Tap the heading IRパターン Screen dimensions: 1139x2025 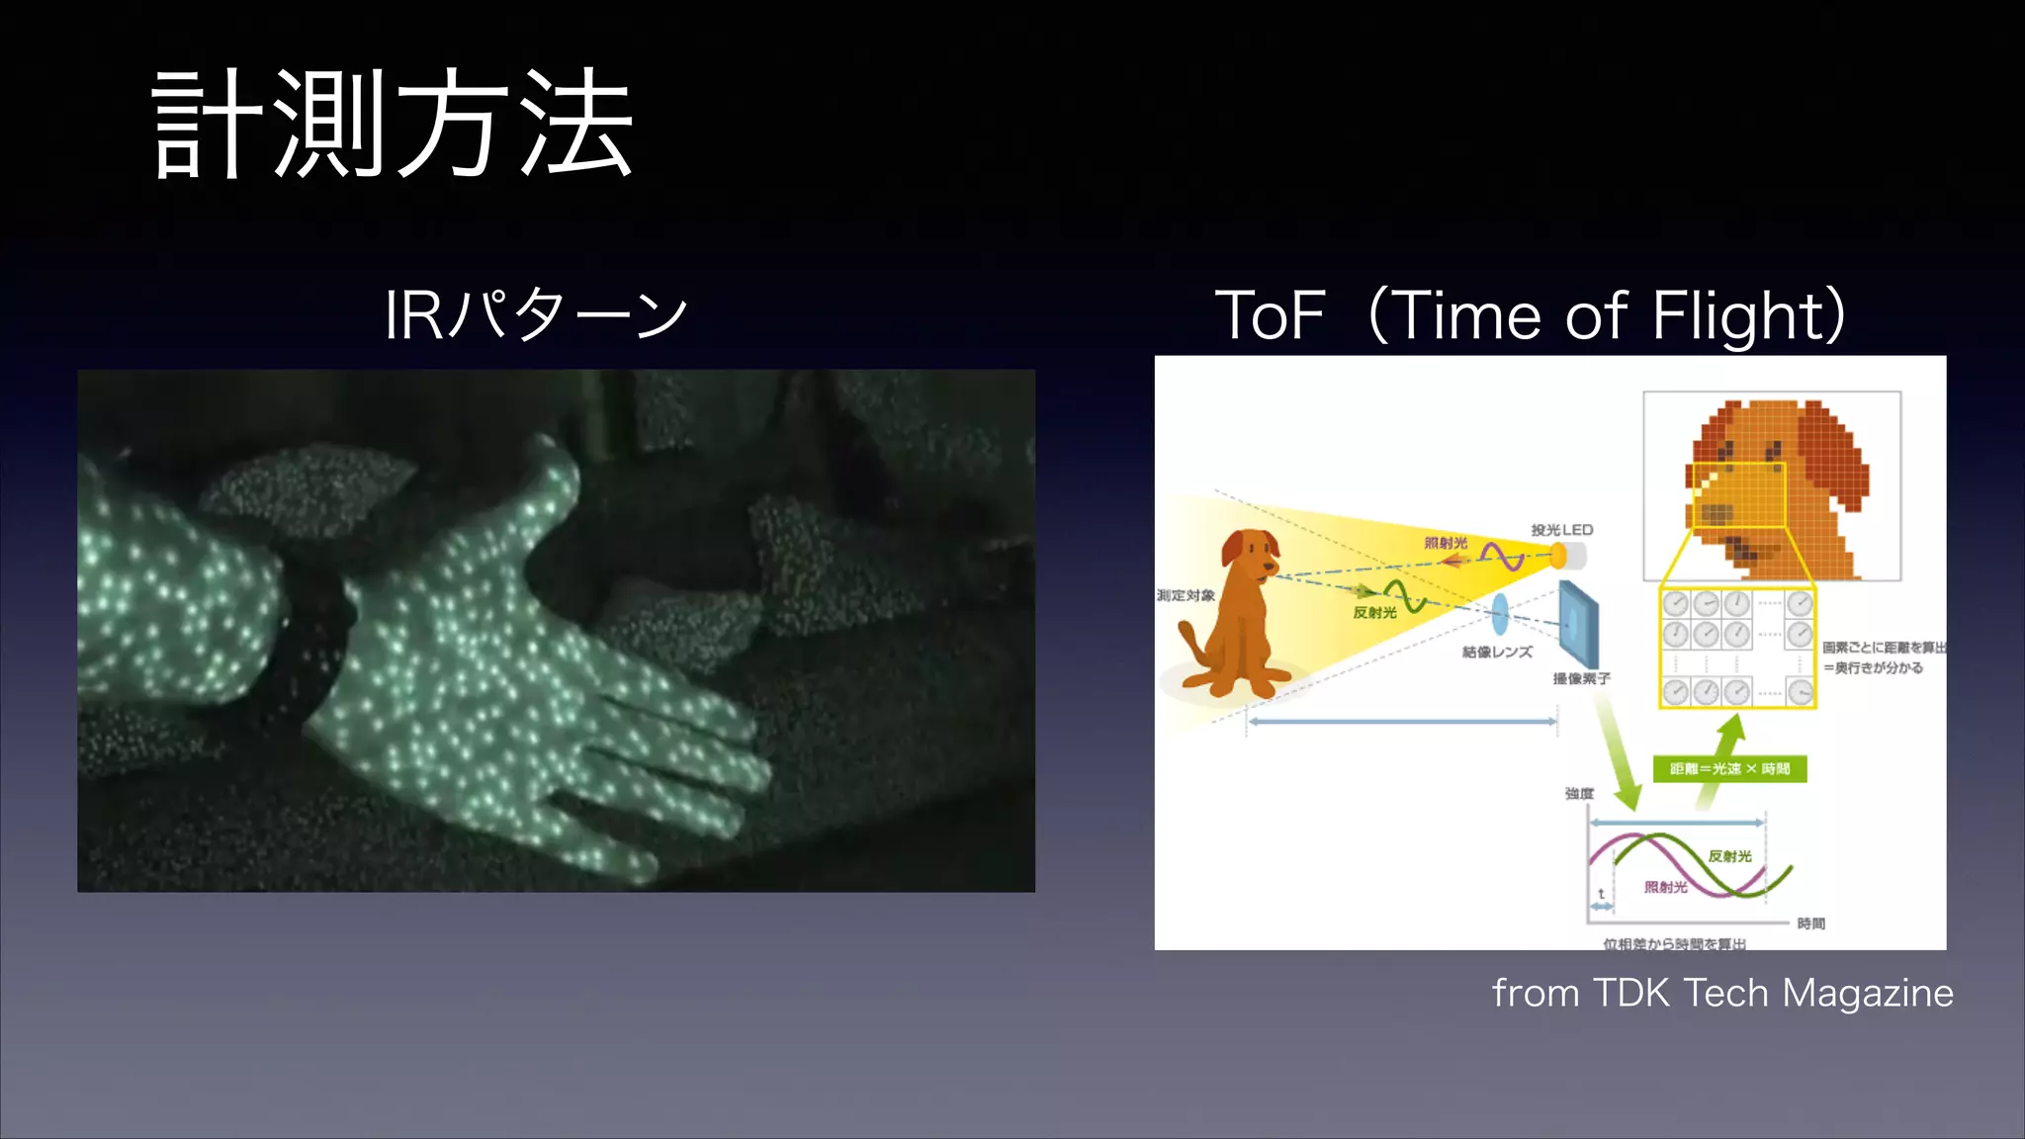[x=535, y=314]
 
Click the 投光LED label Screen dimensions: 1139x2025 [x=1561, y=530]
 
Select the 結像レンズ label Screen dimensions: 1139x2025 [x=1497, y=652]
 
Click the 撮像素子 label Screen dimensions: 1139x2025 [x=1581, y=678]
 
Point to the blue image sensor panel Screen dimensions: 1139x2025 [x=1579, y=623]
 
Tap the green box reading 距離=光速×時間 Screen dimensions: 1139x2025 [x=1729, y=768]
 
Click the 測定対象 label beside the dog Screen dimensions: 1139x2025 [x=1186, y=595]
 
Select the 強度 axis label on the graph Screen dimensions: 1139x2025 [x=1579, y=793]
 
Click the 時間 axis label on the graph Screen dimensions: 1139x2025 [x=1810, y=923]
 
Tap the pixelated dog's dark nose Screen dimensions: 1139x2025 [x=1716, y=513]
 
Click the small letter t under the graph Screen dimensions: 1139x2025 [x=1601, y=894]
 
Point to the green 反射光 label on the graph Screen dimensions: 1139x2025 [x=1729, y=856]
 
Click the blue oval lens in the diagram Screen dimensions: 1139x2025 [x=1500, y=613]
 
